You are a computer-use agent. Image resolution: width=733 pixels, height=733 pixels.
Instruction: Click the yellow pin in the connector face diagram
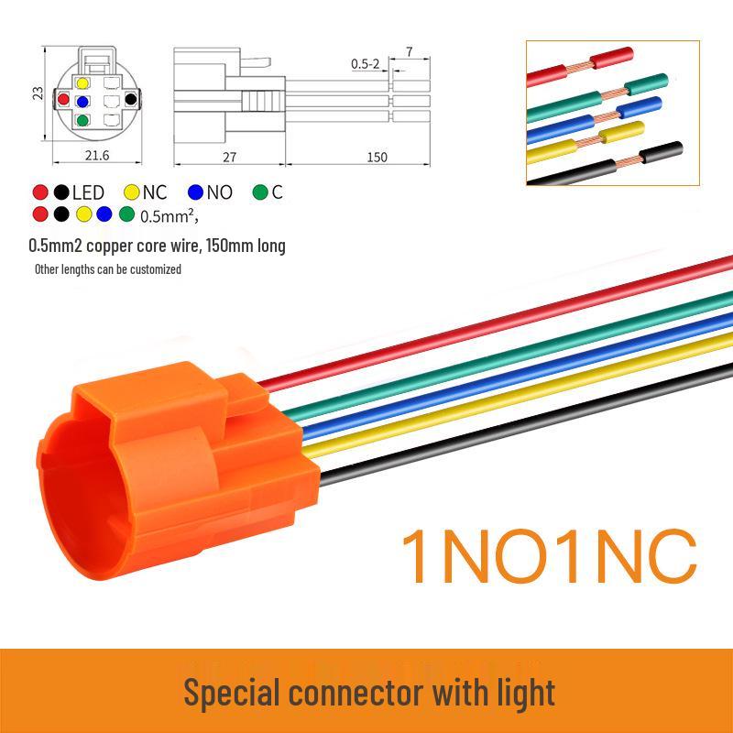pos(82,83)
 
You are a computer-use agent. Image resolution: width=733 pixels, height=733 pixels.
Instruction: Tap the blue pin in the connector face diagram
pos(82,102)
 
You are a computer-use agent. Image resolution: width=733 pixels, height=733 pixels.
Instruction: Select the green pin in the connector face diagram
pos(82,120)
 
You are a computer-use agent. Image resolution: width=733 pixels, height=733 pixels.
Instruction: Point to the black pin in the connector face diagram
pos(131,99)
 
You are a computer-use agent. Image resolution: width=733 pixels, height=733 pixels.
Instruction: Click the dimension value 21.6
pos(97,155)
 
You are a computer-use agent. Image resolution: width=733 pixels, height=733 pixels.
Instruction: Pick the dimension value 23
pos(38,93)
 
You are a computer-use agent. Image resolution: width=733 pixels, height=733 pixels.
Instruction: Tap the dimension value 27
pos(229,157)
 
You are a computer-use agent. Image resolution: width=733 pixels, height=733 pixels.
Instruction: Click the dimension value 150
pos(377,157)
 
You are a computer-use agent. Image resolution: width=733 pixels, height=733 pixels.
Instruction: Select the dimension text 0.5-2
pos(365,63)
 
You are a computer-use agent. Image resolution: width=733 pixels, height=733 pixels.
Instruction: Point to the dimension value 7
pos(410,51)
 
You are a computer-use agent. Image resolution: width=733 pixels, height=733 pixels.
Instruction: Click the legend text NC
pos(155,192)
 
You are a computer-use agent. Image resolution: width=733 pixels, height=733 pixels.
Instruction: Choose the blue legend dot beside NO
pos(195,192)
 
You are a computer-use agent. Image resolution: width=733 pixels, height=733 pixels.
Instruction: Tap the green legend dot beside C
pos(260,192)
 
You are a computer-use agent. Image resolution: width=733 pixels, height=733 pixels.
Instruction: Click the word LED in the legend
pos(88,192)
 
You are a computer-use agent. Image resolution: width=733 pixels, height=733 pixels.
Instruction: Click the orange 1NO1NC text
pos(549,557)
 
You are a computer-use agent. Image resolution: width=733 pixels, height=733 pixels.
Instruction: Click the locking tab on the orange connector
pos(243,394)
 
